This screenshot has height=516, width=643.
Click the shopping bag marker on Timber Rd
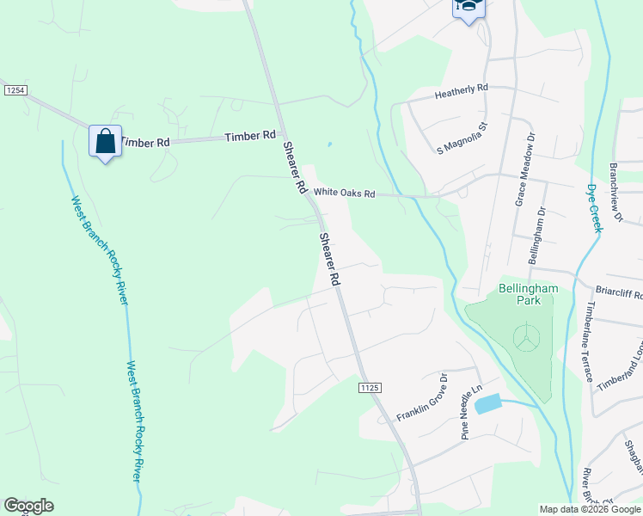point(105,141)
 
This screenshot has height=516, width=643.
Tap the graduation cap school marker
point(468,7)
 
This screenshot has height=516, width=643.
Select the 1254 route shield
point(14,89)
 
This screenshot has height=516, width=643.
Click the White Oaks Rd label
point(344,193)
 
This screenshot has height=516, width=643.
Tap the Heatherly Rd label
point(461,89)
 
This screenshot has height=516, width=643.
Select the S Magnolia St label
point(462,138)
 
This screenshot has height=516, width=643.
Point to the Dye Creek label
point(593,207)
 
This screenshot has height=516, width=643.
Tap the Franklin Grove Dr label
point(422,397)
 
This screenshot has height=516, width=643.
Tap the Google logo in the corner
point(28,506)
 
